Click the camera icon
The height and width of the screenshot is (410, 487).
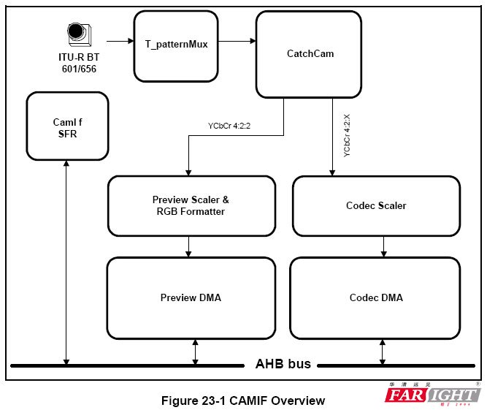coord(77,33)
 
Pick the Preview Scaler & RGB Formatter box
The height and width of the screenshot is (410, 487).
coord(192,206)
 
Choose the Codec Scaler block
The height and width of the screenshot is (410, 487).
coord(376,205)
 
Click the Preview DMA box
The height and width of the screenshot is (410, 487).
coord(191,297)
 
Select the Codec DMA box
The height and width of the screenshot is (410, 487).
coord(375,297)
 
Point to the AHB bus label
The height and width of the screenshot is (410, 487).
coord(283,364)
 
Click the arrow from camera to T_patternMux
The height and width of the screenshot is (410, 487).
coord(118,41)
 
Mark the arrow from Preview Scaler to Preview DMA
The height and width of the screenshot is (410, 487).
coord(188,246)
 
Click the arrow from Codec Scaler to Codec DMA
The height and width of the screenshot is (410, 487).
coord(382,246)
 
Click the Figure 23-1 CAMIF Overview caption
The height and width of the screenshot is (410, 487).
coord(243,400)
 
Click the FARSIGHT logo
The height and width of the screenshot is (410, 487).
coord(432,395)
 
